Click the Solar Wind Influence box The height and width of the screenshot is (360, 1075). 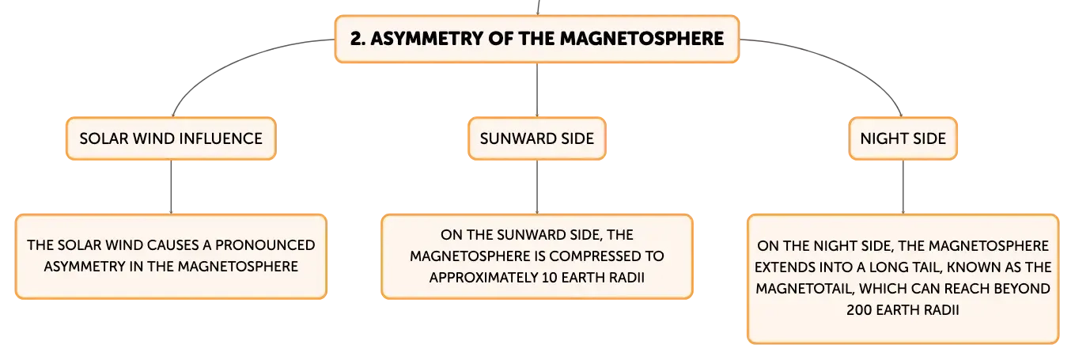click(x=171, y=138)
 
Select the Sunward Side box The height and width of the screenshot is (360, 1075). click(x=537, y=138)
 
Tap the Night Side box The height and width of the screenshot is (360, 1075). click(x=903, y=138)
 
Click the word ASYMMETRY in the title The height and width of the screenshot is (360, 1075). click(x=426, y=39)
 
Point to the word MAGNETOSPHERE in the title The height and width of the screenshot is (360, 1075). click(x=642, y=39)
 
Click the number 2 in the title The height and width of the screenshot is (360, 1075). click(x=356, y=39)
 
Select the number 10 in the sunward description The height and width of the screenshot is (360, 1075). click(x=549, y=278)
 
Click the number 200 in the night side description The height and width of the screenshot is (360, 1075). click(x=859, y=310)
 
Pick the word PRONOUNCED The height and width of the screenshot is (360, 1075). click(x=265, y=244)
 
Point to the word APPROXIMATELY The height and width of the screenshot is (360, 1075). click(x=483, y=278)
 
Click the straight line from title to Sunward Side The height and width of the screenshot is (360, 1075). click(x=537, y=89)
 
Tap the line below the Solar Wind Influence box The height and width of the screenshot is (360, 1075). click(x=171, y=187)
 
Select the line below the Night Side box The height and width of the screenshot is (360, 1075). click(x=903, y=187)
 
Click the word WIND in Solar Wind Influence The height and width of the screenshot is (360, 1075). click(x=150, y=138)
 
